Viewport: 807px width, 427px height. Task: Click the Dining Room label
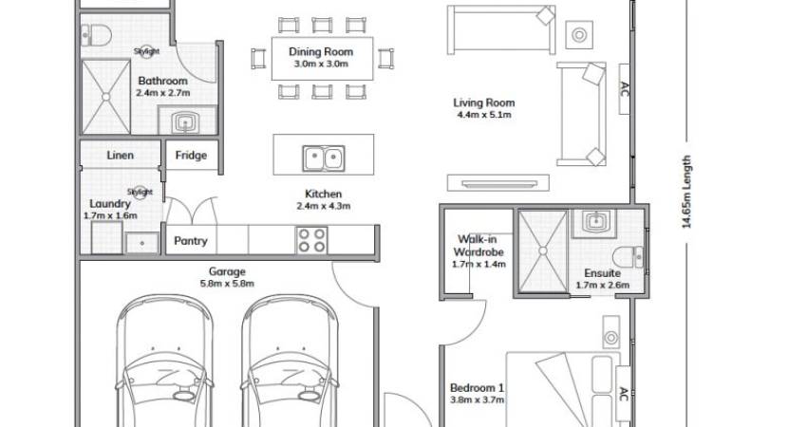click(321, 51)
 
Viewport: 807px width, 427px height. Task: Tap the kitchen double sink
click(323, 158)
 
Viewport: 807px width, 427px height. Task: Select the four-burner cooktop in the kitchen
click(312, 240)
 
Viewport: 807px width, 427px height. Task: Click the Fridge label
click(191, 156)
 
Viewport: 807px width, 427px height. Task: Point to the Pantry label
click(191, 241)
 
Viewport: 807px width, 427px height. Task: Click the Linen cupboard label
click(120, 156)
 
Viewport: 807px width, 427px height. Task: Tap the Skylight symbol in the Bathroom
click(146, 51)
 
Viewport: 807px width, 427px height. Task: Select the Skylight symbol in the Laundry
click(140, 192)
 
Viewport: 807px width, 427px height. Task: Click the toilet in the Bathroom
click(96, 35)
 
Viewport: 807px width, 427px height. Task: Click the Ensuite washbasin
click(594, 221)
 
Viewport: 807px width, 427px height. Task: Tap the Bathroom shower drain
click(106, 97)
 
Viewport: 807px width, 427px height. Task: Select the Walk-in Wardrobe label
click(479, 246)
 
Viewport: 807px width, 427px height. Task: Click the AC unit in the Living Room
click(624, 89)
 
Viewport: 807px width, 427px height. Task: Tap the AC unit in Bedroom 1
click(623, 395)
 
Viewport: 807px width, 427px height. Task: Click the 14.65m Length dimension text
click(686, 192)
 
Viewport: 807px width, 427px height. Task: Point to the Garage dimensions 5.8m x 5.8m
click(227, 284)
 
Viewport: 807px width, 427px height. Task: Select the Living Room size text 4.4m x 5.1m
click(484, 115)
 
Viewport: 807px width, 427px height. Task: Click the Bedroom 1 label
click(478, 388)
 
